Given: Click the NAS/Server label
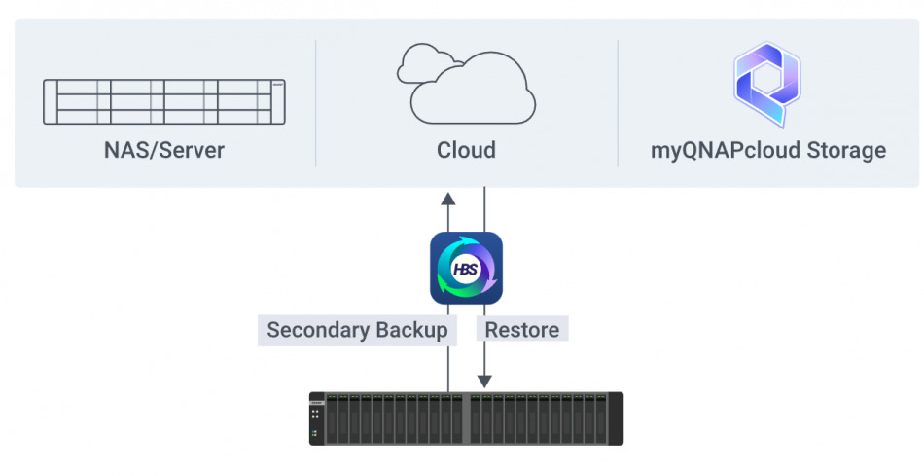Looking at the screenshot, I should tap(164, 150).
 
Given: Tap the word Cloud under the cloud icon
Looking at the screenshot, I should tap(466, 150).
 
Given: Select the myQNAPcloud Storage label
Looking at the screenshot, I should tap(768, 150).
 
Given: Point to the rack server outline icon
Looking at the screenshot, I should tap(164, 101).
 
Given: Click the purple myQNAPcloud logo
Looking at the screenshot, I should tap(767, 85).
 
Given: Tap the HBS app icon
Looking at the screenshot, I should tap(466, 268).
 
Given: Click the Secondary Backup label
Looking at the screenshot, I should tap(357, 330).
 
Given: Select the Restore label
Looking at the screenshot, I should tap(522, 330).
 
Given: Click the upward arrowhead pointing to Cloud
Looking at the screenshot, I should tap(447, 198).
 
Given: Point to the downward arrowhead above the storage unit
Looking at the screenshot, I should tap(484, 382).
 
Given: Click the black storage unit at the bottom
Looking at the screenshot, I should tap(466, 419).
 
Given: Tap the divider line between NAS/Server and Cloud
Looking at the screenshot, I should tap(316, 103).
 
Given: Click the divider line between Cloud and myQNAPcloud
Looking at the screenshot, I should tap(618, 103).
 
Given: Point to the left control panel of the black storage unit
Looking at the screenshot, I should tap(317, 419).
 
